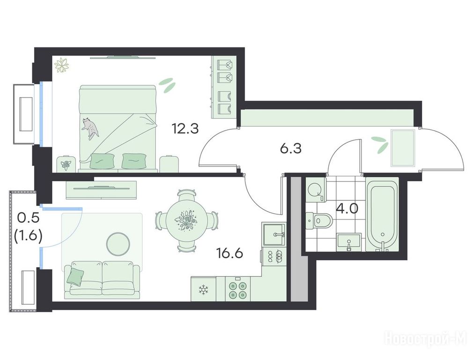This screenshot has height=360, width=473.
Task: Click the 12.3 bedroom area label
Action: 185,128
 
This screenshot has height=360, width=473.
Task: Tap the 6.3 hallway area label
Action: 290,149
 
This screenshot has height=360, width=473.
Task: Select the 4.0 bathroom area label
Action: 347,209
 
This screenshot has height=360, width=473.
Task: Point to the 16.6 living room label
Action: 229,253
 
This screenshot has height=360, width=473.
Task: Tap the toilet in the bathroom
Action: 318,220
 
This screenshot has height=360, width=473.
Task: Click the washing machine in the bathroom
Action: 315,190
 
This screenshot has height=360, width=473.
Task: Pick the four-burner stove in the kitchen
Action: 237,290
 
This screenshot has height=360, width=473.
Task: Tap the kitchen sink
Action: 273,235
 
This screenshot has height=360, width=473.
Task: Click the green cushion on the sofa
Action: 75,276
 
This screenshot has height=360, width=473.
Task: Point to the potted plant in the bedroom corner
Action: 62,65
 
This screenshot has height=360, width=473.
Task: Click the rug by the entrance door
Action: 403,148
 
